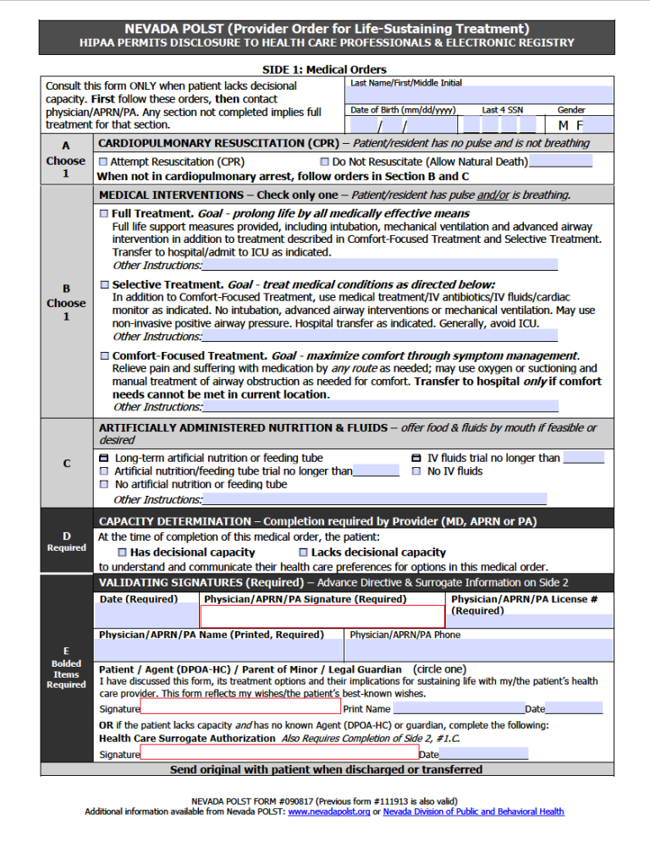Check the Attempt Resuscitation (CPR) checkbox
point(103,162)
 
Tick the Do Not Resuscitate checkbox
point(325,162)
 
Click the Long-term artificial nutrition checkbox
point(104,458)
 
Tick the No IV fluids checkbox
point(416,471)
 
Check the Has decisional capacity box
point(120,553)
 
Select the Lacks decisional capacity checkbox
point(302,553)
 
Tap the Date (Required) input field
point(148,616)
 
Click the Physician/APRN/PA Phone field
point(479,650)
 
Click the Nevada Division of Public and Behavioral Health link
point(473,812)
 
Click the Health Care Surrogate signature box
point(279,753)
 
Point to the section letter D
point(66,536)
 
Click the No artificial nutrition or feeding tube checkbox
point(104,485)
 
